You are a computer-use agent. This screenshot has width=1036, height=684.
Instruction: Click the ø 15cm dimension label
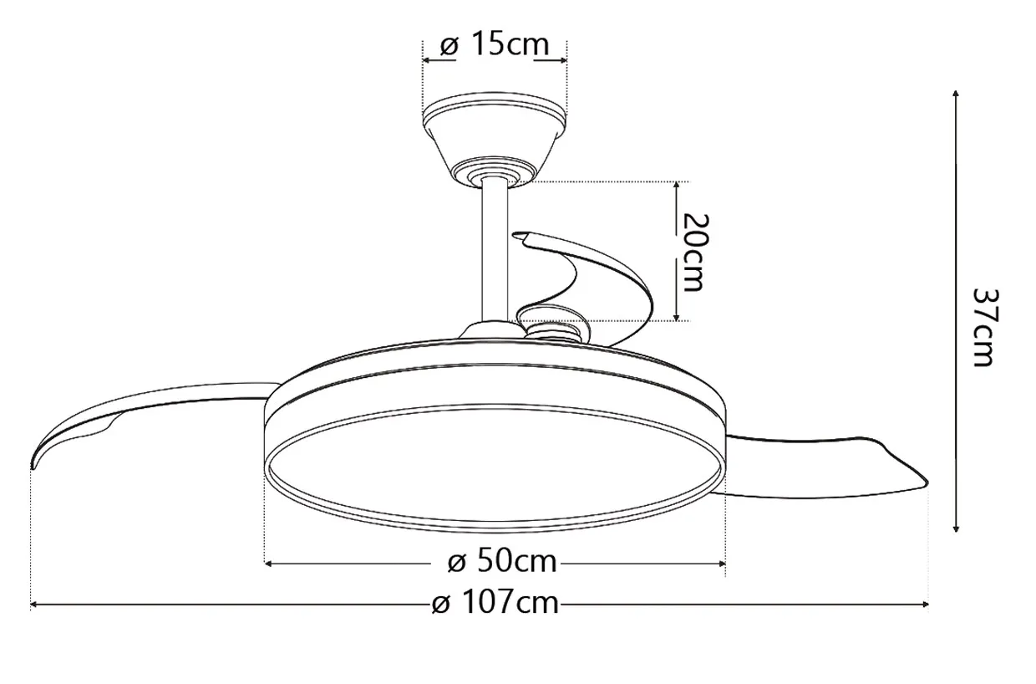(x=495, y=45)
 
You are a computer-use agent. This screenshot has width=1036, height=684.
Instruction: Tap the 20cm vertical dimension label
(x=695, y=253)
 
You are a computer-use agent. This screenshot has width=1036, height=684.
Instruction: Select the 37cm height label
(x=986, y=328)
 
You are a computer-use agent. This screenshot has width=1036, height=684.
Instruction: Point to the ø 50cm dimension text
(x=502, y=561)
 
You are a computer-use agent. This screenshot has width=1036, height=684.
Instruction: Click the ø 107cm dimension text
(x=495, y=603)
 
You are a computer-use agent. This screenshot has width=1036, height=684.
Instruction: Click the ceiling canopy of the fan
(x=495, y=139)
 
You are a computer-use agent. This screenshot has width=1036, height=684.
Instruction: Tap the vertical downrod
(x=495, y=253)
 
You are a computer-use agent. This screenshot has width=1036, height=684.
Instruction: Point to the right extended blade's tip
(x=927, y=484)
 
